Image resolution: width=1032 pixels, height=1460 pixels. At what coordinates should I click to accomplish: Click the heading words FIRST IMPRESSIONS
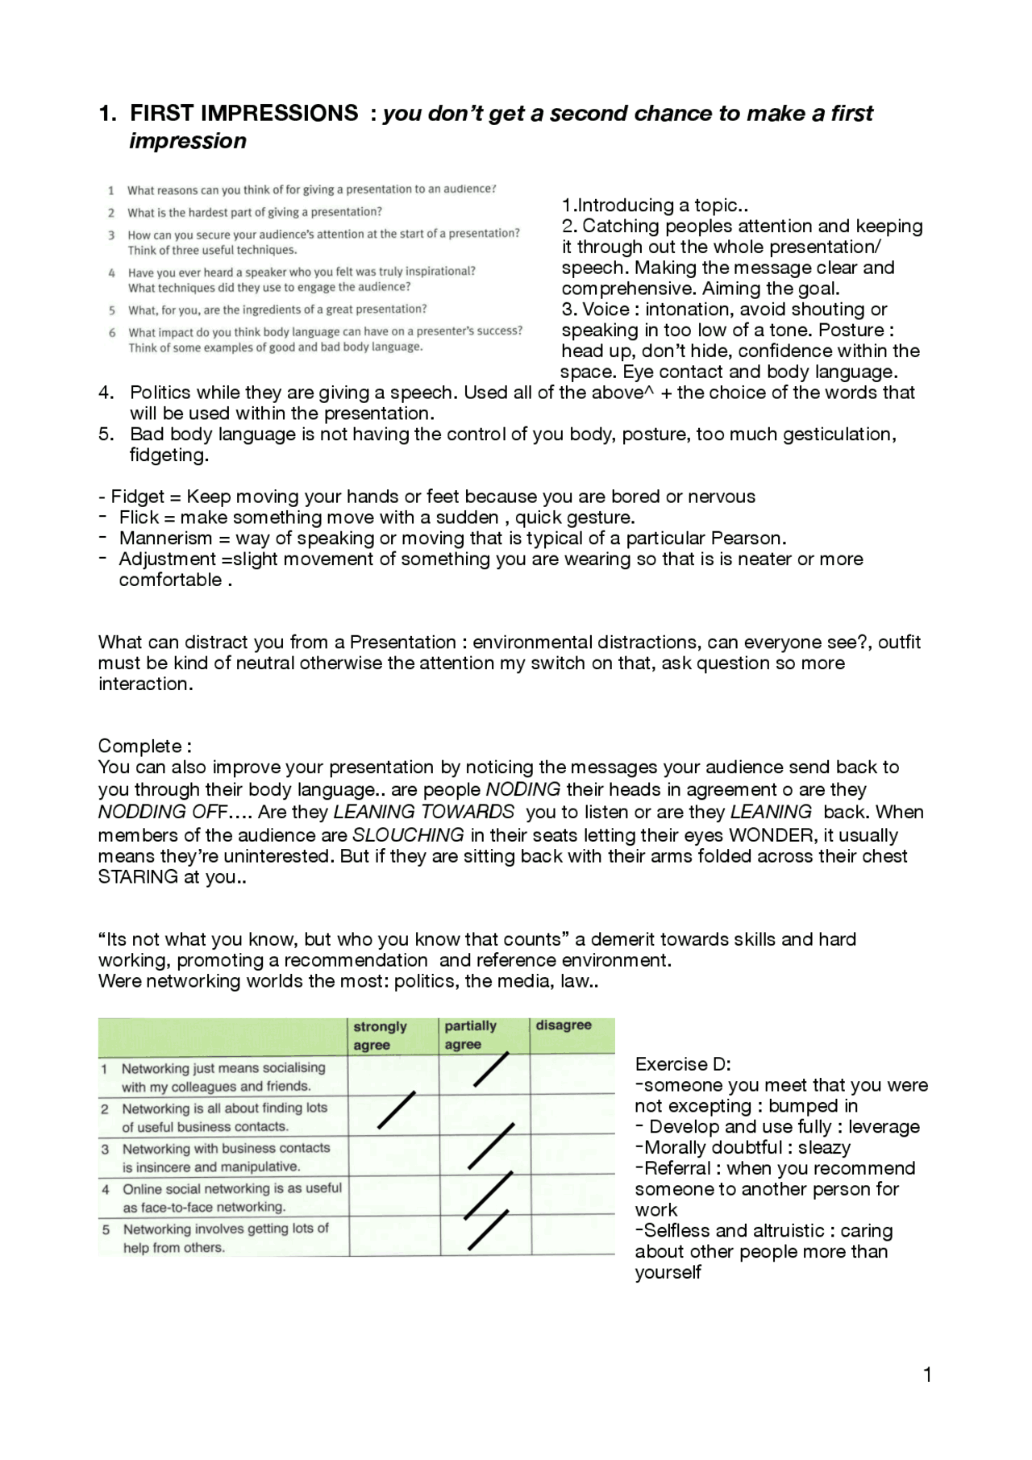tap(243, 113)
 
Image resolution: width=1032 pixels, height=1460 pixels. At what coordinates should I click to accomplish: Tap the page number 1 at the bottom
tap(927, 1375)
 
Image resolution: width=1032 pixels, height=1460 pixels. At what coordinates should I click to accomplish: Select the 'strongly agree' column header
tap(380, 1036)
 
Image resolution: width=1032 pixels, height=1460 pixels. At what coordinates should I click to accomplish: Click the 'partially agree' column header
tap(470, 1035)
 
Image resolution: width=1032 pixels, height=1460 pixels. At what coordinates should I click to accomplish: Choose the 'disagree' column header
tap(564, 1025)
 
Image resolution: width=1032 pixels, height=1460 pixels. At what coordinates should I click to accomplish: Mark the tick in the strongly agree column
tap(397, 1110)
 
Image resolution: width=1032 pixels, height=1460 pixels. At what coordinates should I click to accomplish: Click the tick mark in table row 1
tap(491, 1070)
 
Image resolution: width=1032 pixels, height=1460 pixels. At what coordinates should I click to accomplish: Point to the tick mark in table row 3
tap(491, 1146)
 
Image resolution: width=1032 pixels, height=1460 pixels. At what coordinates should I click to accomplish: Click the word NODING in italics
tap(523, 789)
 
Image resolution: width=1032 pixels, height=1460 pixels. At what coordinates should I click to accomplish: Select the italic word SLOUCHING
tap(408, 835)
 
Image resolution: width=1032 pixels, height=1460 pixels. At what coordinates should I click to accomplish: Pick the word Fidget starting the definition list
tap(138, 497)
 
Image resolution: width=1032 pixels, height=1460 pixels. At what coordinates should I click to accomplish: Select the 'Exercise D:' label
tap(683, 1064)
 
